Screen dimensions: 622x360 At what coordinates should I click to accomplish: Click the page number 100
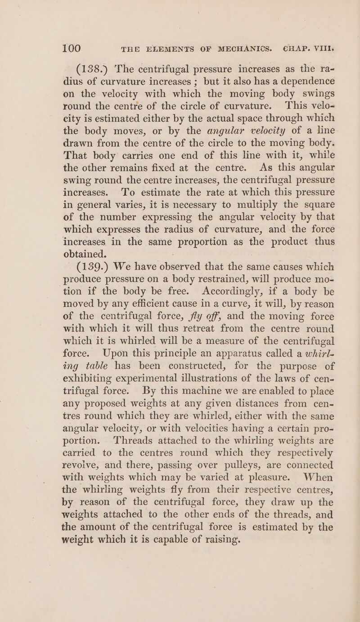[x=64, y=34]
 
